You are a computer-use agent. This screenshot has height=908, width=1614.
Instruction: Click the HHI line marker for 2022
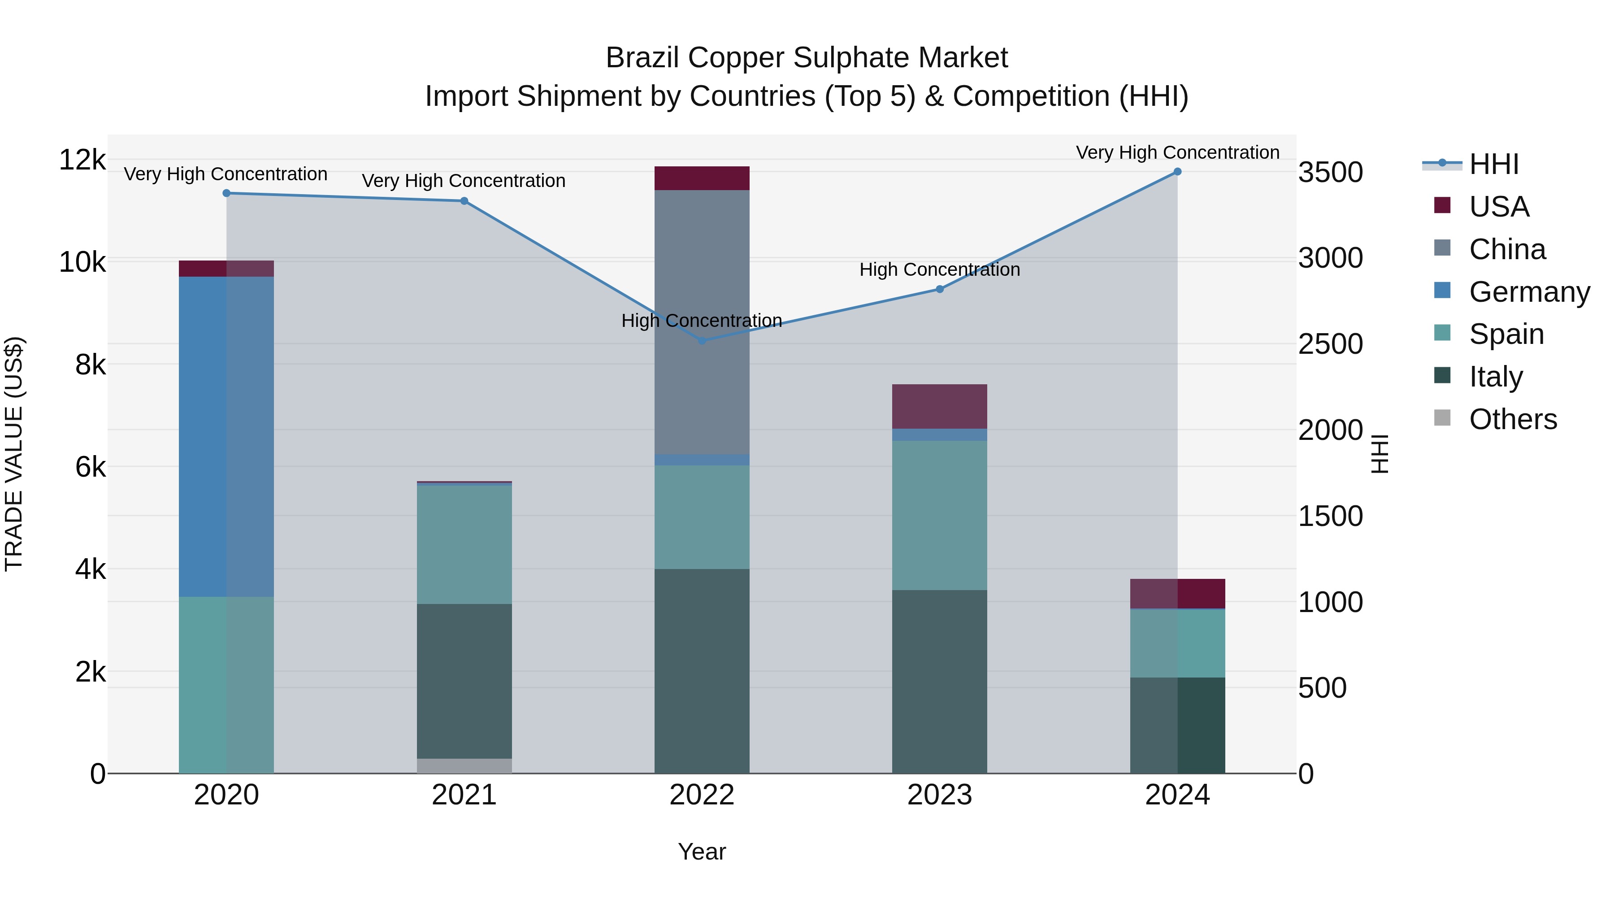(x=702, y=340)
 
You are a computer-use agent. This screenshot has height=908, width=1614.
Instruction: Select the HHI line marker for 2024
(x=1177, y=172)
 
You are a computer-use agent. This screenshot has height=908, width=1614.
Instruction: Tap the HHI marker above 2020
(x=227, y=193)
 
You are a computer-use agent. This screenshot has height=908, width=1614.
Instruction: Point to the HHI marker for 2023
(x=939, y=289)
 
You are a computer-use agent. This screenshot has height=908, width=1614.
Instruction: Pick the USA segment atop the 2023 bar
(x=939, y=406)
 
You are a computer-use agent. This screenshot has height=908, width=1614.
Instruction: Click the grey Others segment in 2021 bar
(x=464, y=766)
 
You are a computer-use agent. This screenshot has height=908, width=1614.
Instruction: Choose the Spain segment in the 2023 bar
(x=939, y=514)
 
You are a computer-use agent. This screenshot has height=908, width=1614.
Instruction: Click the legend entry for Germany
(x=1529, y=292)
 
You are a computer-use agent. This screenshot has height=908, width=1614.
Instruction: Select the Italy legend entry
(x=1496, y=377)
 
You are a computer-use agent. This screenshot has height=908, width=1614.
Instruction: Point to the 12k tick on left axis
(x=82, y=160)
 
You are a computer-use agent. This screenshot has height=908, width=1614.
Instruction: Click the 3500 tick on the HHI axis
(x=1330, y=172)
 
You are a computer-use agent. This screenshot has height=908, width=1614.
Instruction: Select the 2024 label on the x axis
(x=1177, y=795)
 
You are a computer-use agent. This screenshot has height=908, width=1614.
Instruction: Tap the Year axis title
(x=702, y=852)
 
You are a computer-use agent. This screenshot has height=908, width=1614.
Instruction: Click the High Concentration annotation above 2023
(x=939, y=269)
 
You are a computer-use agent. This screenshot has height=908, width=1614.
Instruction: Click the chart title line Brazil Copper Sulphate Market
(x=807, y=58)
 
